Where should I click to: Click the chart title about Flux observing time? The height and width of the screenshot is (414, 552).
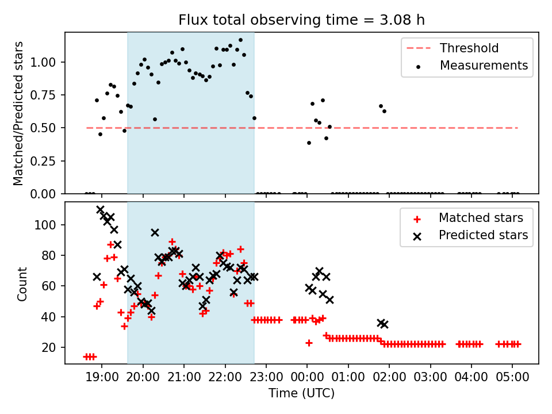click(x=302, y=20)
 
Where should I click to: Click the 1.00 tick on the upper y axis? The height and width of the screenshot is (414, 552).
click(x=48, y=62)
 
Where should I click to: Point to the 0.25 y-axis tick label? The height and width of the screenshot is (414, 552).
click(x=48, y=161)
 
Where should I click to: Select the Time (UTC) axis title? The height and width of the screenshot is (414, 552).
click(x=301, y=394)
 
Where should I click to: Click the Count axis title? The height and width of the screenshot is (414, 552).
click(x=22, y=283)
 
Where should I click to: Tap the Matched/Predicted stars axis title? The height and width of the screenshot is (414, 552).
click(x=18, y=113)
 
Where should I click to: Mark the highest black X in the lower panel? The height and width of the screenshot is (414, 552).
click(x=100, y=210)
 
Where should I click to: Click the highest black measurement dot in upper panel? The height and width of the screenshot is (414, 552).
click(x=240, y=40)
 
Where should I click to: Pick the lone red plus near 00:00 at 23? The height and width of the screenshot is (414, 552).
click(x=309, y=343)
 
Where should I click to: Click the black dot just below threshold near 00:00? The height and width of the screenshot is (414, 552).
click(x=309, y=143)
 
